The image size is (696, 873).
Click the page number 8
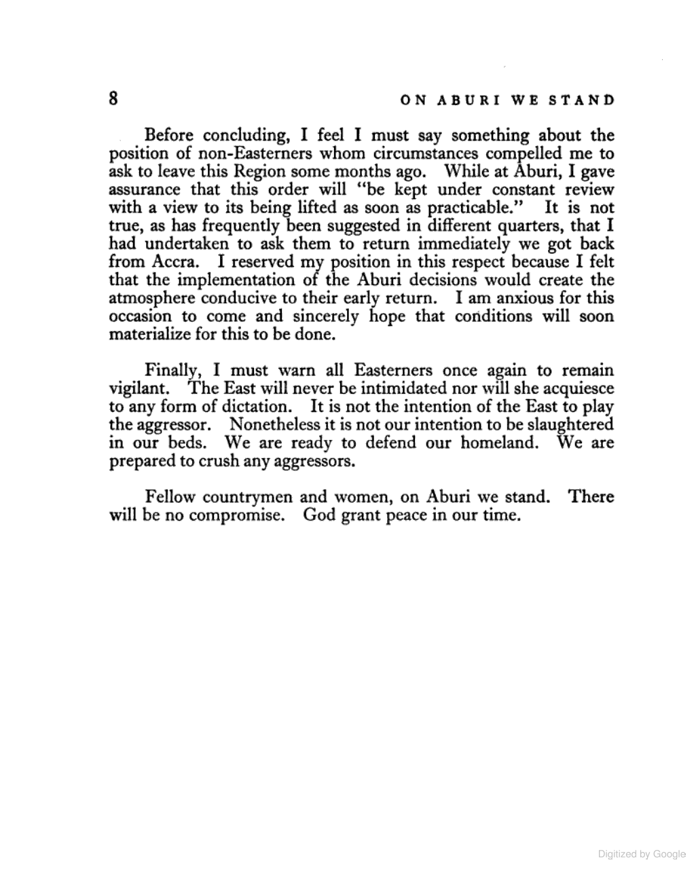[x=113, y=98]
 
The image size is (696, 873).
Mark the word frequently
[x=314, y=225]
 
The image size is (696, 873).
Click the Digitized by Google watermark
[x=642, y=854]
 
